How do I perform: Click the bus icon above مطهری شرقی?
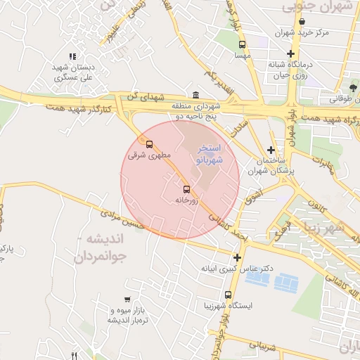click(148, 145)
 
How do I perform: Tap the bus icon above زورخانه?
click(186, 189)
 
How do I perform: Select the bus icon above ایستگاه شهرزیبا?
click(228, 295)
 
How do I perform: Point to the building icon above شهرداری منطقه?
click(195, 96)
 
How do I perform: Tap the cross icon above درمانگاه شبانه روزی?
click(290, 53)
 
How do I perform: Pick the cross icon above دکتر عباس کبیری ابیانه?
click(237, 257)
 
